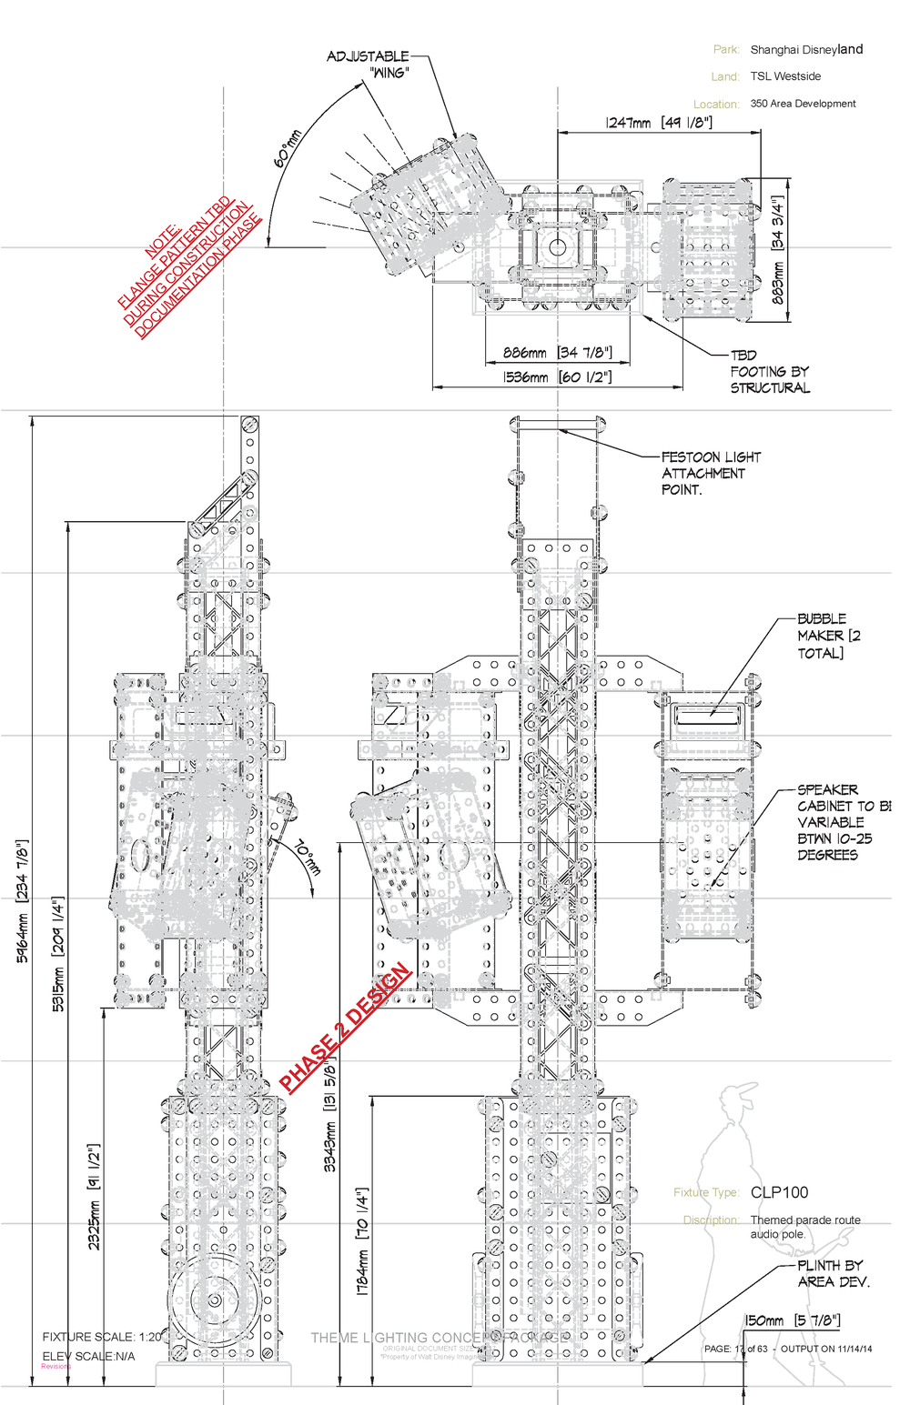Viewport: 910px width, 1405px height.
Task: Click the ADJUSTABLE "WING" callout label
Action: click(369, 64)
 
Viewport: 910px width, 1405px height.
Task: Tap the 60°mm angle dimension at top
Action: click(288, 148)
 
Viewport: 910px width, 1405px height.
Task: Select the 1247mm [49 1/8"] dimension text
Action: click(659, 123)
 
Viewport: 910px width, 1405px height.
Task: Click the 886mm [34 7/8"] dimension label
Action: click(557, 353)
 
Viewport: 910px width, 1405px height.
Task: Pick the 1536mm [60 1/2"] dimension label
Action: click(557, 376)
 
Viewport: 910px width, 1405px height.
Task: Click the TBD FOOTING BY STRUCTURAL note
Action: click(769, 371)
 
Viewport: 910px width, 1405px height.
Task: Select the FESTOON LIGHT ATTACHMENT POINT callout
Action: click(710, 473)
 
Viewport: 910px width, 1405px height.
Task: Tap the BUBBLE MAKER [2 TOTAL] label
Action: click(828, 636)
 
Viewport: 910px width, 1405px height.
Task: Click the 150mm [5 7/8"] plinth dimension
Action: click(792, 1320)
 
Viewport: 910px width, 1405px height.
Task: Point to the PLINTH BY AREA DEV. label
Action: click(833, 1273)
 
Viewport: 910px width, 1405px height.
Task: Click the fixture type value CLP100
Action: click(779, 1192)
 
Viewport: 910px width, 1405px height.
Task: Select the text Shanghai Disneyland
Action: click(806, 49)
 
